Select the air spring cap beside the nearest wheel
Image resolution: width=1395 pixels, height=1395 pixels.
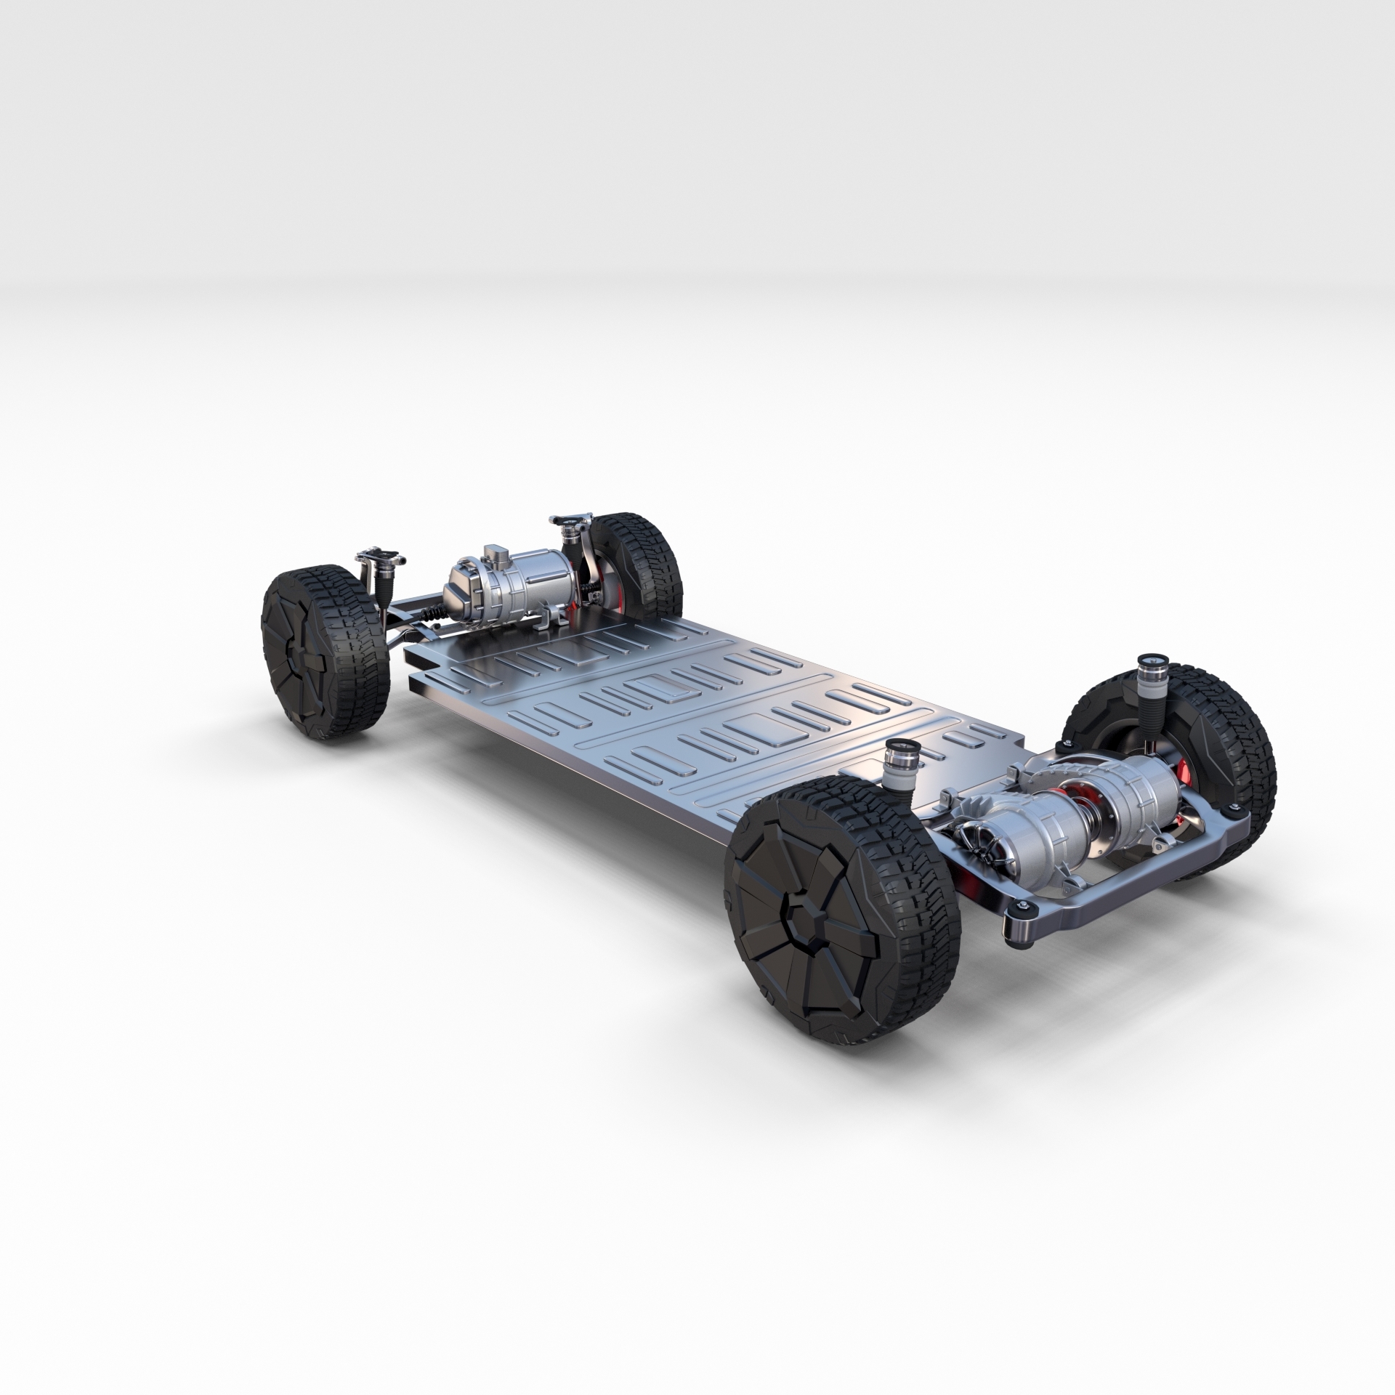[899, 746]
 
